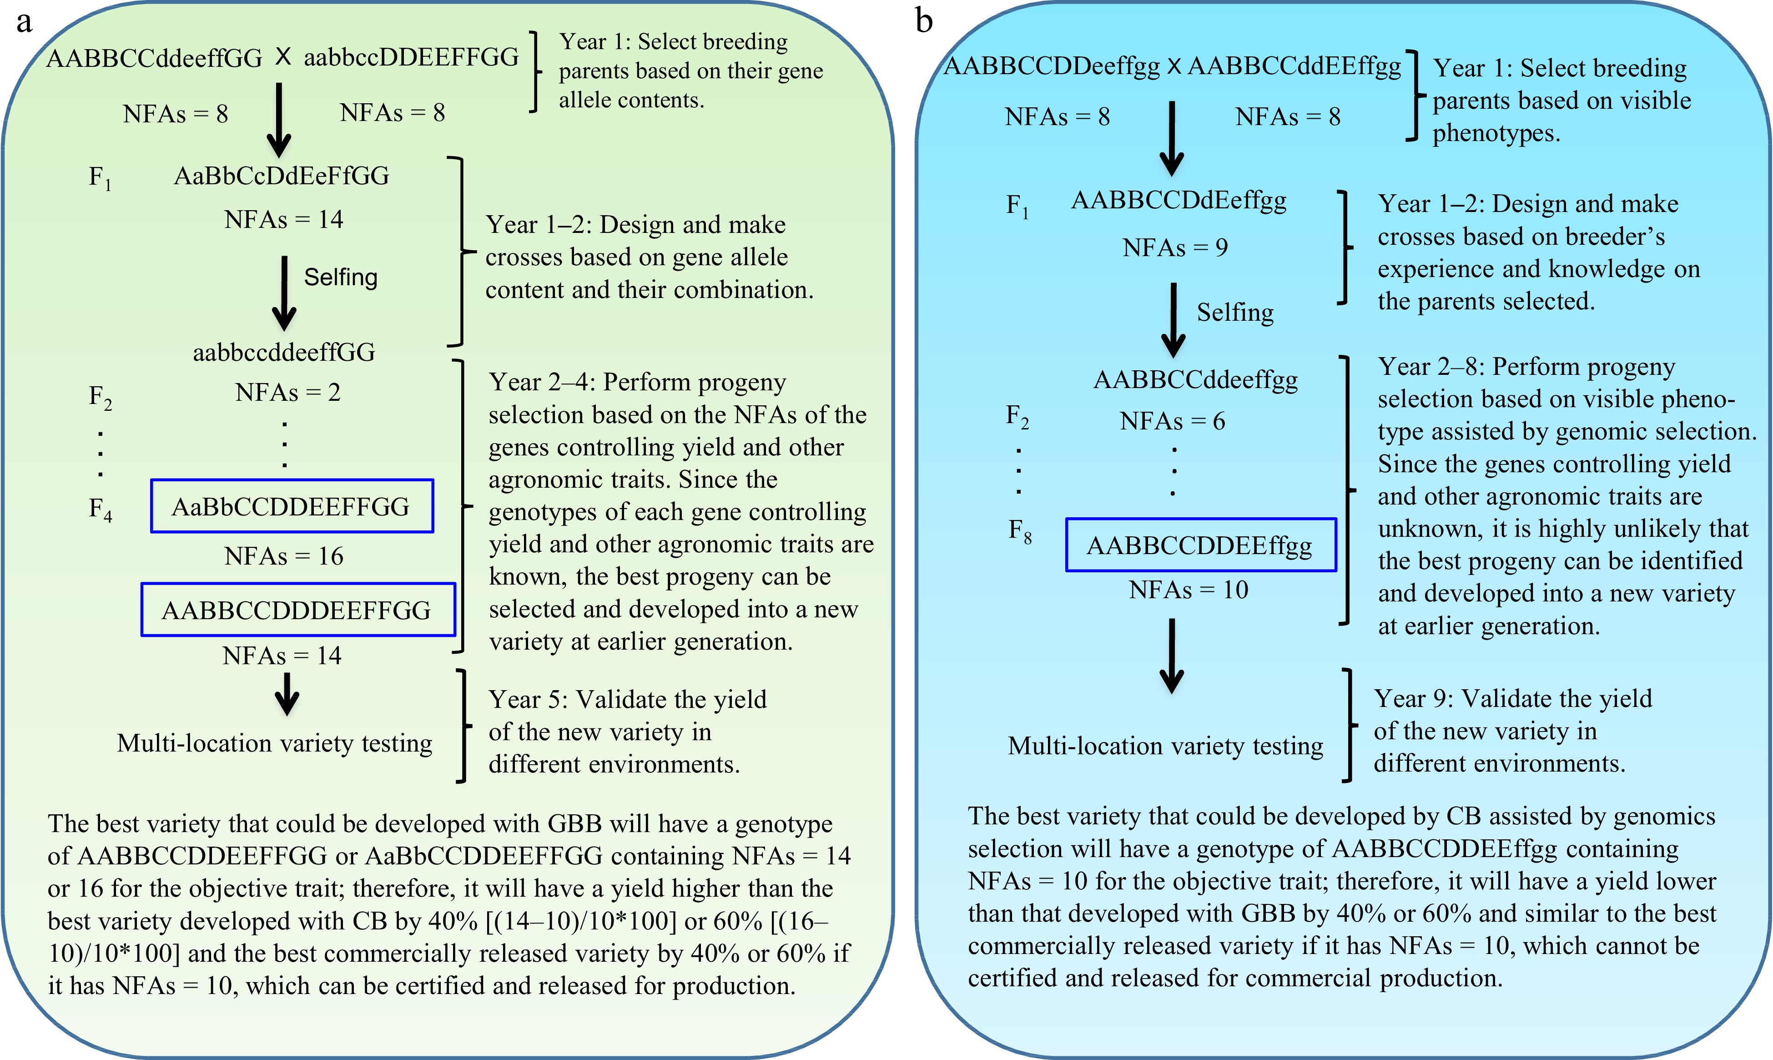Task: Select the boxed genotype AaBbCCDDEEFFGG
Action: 292,506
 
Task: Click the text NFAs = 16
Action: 283,556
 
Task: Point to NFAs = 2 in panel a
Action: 288,392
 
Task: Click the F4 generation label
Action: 100,509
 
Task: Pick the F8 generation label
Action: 1019,531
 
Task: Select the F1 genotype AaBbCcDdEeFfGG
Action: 282,176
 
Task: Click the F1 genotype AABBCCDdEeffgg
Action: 1179,201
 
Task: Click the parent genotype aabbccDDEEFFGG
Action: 411,57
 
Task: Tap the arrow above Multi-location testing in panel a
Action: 287,694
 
